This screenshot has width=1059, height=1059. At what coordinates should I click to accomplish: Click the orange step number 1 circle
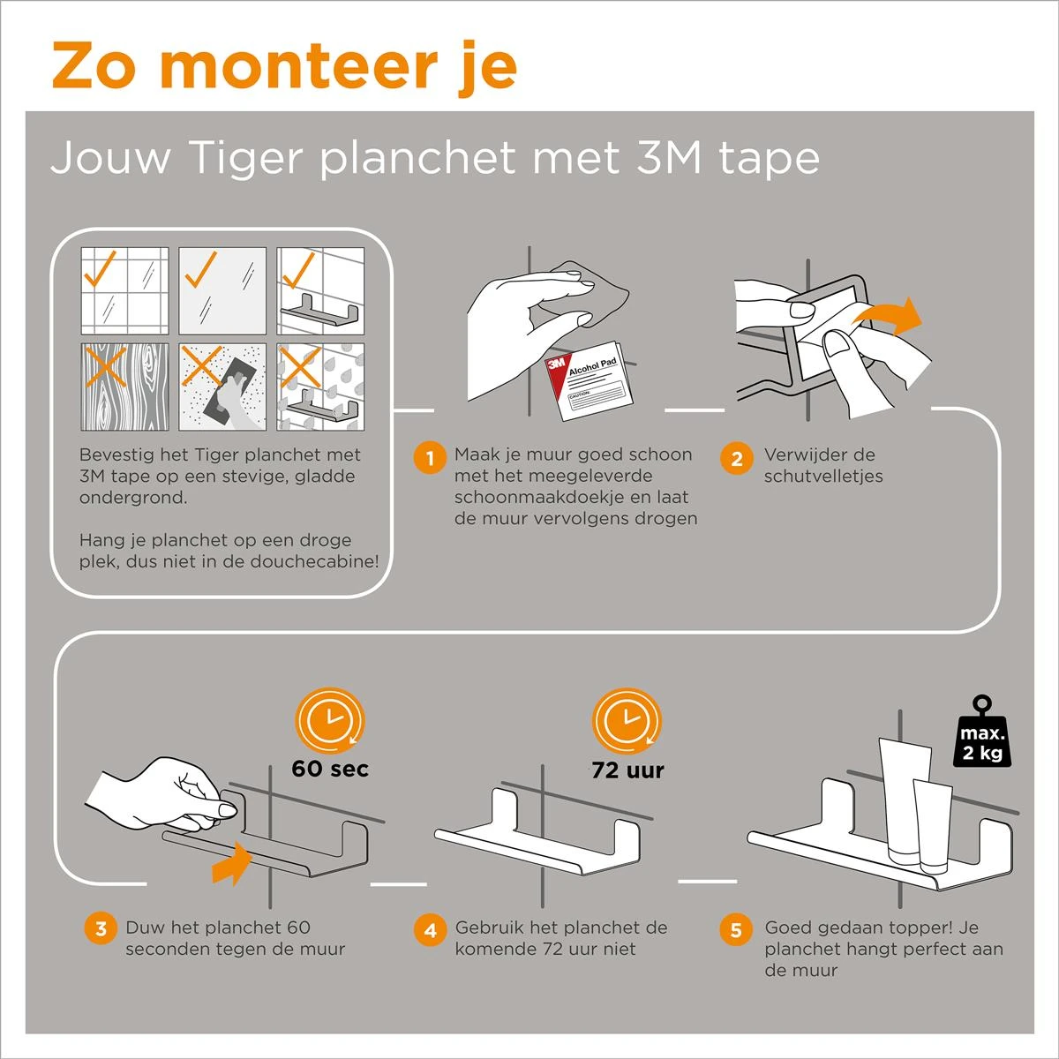(430, 458)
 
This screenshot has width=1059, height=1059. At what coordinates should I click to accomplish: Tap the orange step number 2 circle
(737, 458)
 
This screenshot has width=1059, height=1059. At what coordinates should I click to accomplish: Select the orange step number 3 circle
(101, 928)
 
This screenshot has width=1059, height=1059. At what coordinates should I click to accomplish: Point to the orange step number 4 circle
(430, 929)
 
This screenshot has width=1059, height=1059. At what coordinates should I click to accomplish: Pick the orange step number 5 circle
(736, 929)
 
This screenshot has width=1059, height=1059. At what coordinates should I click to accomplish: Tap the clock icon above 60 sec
(330, 720)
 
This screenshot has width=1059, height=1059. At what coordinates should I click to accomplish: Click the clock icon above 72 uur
(627, 720)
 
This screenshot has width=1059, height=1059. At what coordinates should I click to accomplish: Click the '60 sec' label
(330, 769)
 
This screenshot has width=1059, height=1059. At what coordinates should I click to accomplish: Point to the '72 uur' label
(627, 770)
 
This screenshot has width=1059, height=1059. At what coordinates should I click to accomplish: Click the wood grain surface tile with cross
(124, 387)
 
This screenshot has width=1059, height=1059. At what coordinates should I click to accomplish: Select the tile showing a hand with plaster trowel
(222, 387)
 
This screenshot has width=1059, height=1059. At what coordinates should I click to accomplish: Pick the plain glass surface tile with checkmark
(222, 290)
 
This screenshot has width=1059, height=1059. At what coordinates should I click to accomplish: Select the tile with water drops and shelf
(320, 387)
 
